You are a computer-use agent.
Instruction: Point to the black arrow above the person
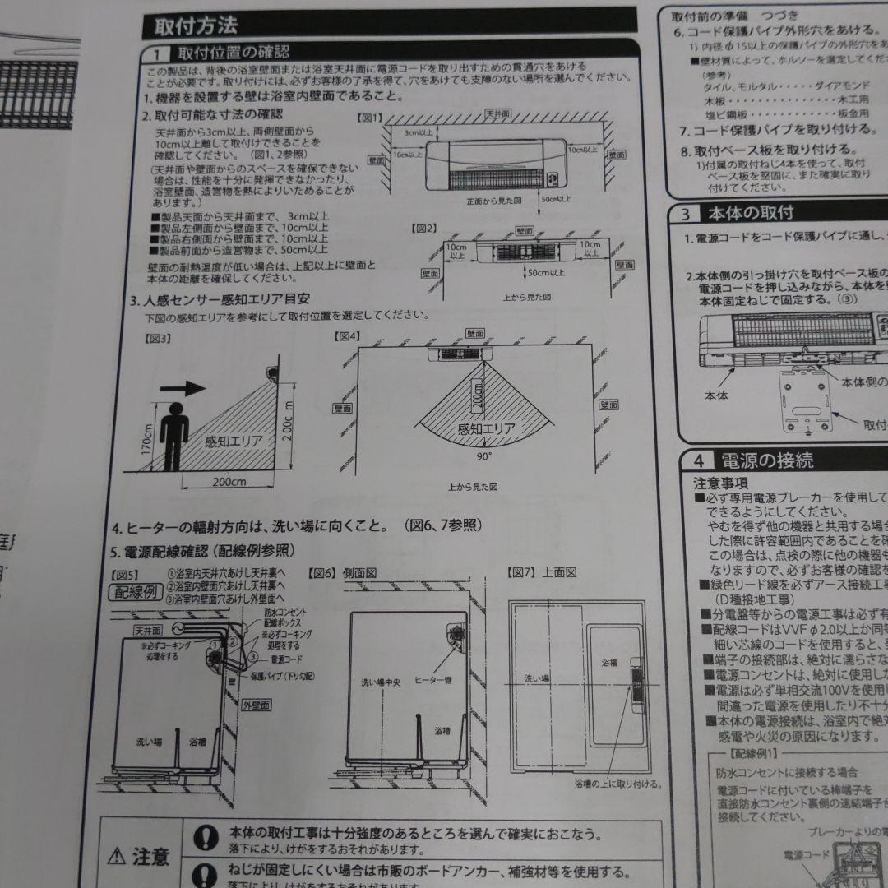point(181,387)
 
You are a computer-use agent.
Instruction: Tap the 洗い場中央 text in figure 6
point(382,682)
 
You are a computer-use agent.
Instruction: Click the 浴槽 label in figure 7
point(608,663)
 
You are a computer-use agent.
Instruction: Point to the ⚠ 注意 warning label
point(141,858)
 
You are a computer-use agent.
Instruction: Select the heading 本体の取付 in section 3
point(751,213)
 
